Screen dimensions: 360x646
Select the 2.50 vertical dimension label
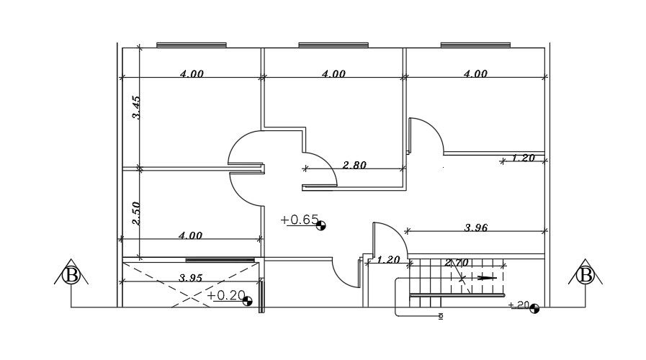tap(135, 212)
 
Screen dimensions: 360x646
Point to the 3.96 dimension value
tap(476, 228)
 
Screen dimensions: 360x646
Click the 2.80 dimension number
tap(354, 165)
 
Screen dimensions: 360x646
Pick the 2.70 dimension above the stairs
tap(458, 263)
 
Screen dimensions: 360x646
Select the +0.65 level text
tap(299, 220)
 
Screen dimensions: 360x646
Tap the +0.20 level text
tap(225, 295)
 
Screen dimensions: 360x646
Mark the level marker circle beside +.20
tap(534, 309)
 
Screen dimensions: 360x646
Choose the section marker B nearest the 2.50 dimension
tap(71, 275)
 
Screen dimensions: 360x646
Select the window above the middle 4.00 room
tap(333, 45)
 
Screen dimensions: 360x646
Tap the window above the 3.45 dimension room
tap(192, 45)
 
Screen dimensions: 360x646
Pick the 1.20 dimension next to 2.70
tap(388, 260)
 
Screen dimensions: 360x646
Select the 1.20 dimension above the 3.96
tap(523, 158)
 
